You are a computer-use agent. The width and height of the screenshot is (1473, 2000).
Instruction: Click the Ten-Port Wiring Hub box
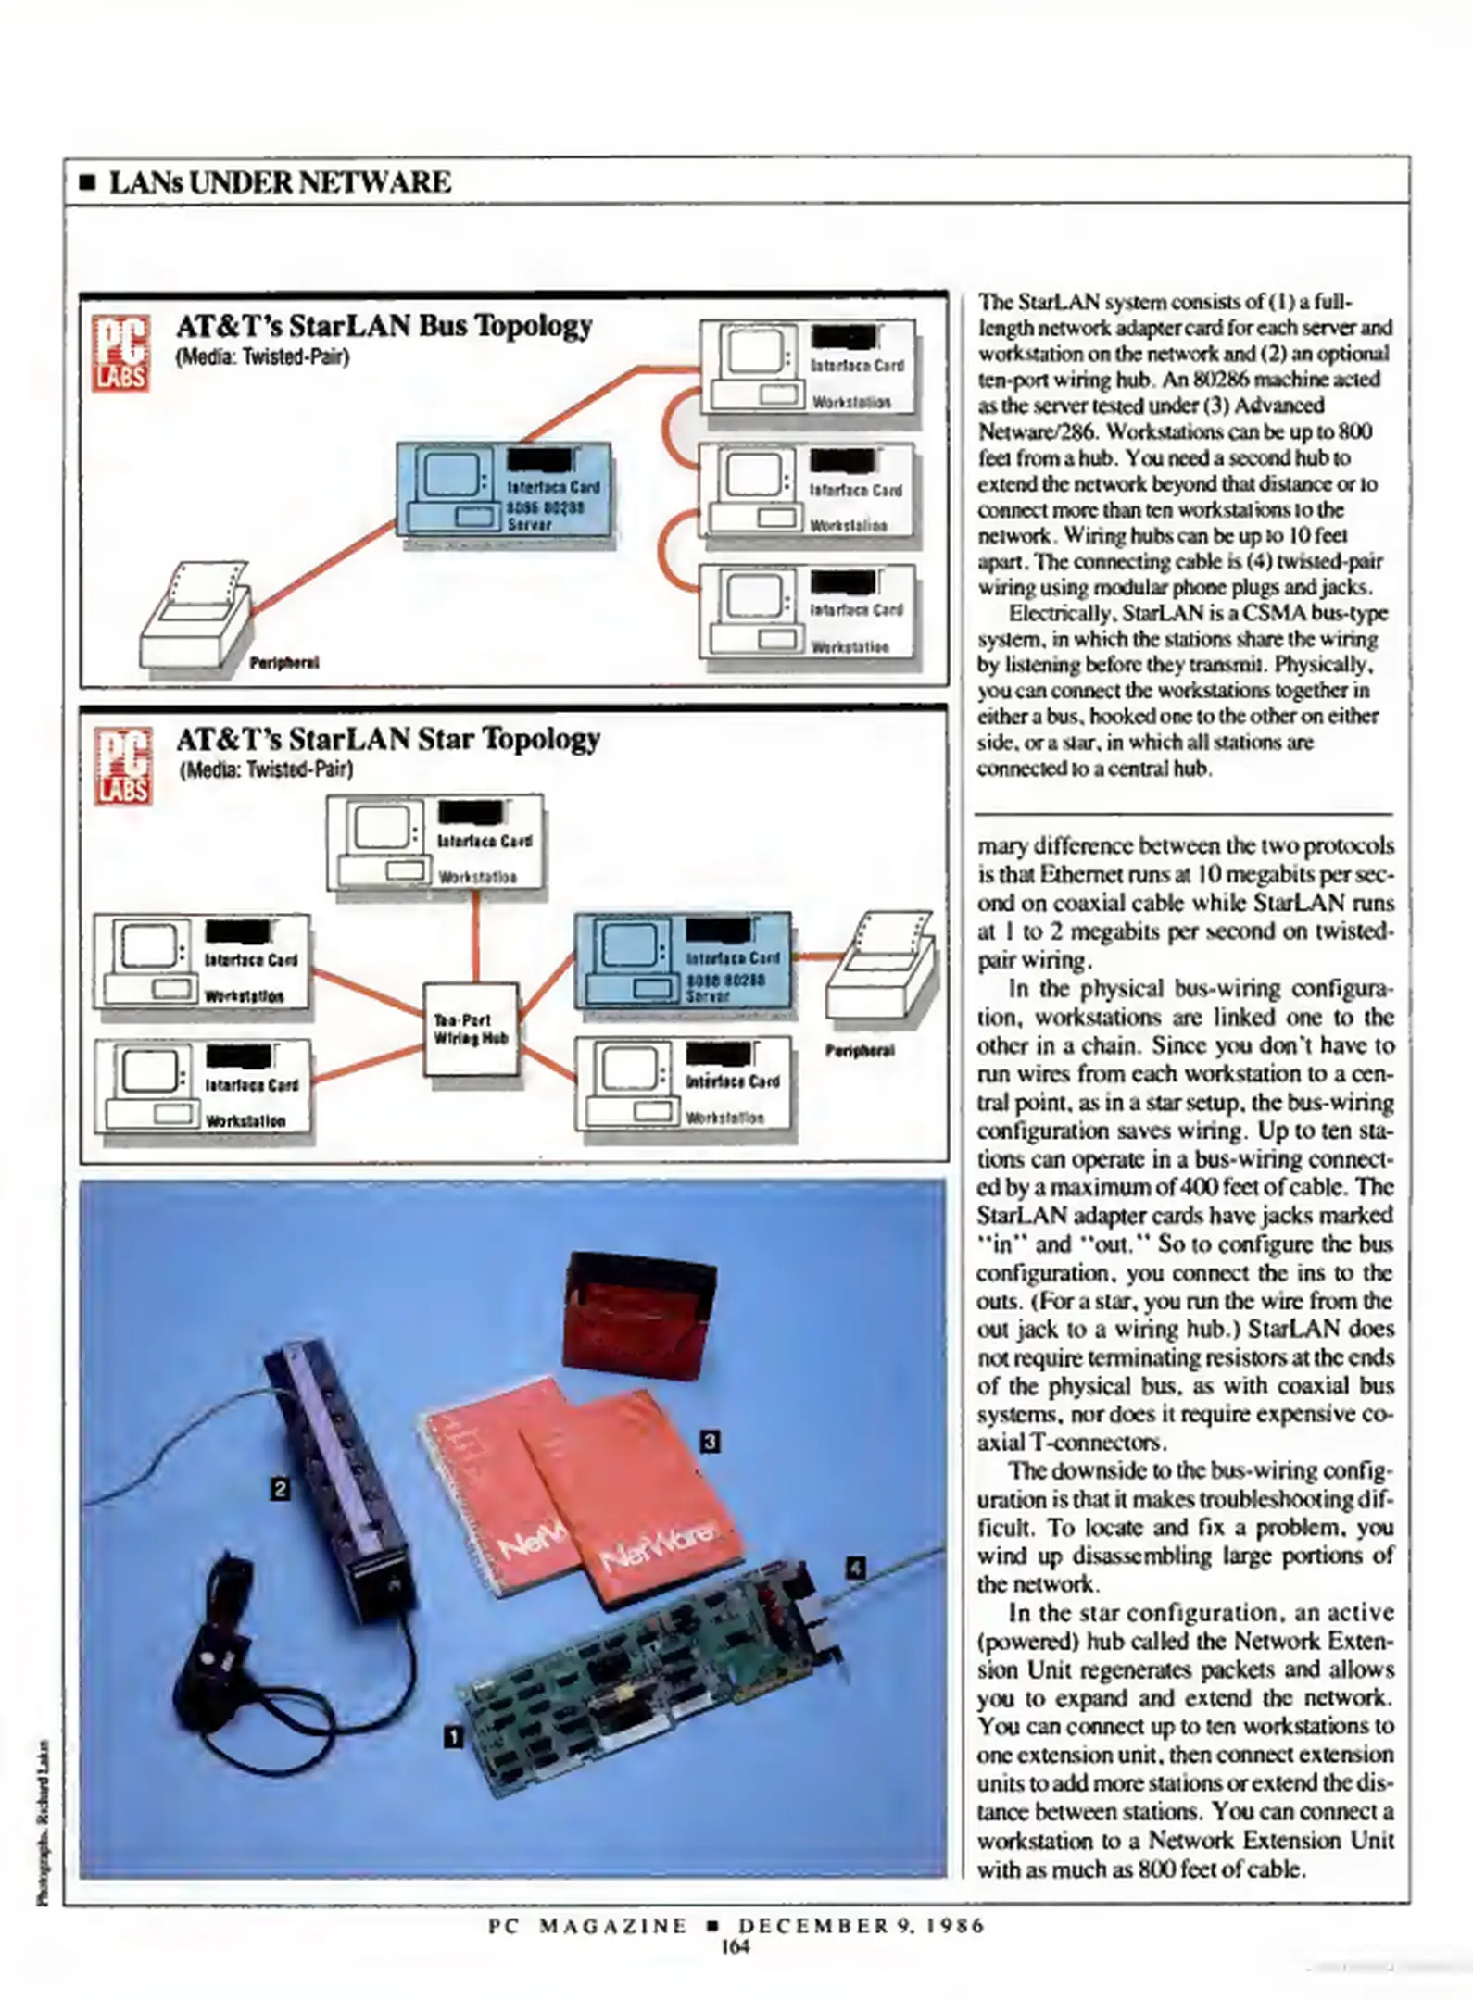(471, 1029)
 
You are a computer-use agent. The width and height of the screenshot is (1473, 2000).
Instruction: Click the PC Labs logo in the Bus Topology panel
(120, 353)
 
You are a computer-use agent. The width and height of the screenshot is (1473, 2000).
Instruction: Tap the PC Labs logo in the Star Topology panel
(122, 766)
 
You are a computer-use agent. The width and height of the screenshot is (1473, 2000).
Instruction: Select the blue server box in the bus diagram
(504, 490)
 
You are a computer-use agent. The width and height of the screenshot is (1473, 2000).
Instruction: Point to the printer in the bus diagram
(195, 617)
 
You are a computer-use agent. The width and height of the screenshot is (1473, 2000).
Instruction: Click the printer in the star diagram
(880, 968)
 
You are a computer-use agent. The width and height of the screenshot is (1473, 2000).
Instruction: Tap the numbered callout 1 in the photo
(453, 1736)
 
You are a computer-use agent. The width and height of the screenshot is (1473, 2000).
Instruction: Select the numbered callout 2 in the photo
(279, 1488)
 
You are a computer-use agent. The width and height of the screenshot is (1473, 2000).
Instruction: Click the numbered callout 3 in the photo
(710, 1440)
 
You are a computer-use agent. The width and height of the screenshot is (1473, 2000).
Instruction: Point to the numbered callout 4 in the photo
(855, 1567)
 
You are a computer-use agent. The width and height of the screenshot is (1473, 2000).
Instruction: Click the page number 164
(735, 1945)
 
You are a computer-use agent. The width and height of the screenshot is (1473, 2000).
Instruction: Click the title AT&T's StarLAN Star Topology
(388, 739)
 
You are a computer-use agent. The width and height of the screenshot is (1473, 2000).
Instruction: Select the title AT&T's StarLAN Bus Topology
(384, 326)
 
